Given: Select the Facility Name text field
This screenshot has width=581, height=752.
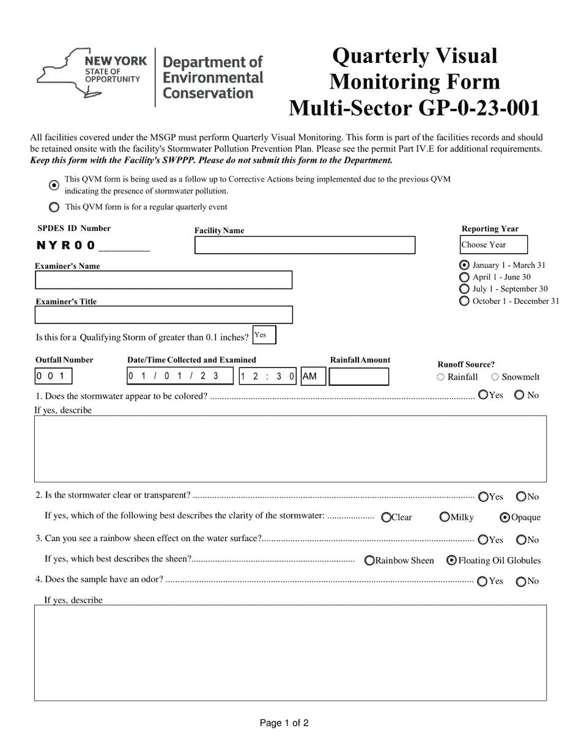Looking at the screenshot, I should pos(305,245).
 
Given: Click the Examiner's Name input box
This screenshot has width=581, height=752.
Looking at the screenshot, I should pos(163,280).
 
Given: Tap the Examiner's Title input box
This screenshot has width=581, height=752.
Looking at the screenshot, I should pos(163,315).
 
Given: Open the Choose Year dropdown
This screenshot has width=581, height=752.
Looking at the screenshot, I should pos(494,245).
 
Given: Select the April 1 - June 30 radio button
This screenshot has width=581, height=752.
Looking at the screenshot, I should pos(464,278).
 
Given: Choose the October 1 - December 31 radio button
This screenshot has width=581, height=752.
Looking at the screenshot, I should pos(464,301).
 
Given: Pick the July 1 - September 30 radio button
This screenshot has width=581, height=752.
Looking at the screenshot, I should pos(464,289).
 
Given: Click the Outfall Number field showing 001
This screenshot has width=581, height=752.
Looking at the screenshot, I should pos(53,376).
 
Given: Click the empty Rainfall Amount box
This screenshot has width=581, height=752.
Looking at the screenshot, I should pos(358,377).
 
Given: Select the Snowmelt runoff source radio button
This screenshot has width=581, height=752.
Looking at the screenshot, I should pos(495,377).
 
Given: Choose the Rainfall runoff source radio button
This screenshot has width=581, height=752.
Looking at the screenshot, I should pos(441,377).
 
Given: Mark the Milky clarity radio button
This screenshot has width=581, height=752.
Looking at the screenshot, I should pos(445,517).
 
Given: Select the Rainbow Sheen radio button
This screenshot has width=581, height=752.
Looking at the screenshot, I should pos(369,561).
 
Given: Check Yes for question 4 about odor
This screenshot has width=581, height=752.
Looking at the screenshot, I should pos(483,581).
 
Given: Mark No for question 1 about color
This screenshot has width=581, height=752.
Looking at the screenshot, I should pos(519,396).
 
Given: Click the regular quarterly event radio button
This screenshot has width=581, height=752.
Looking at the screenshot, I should pos(54,207).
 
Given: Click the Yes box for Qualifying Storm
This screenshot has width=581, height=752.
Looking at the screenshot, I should pos(264,335).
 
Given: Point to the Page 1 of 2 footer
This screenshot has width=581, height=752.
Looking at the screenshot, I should pos(284,723).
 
